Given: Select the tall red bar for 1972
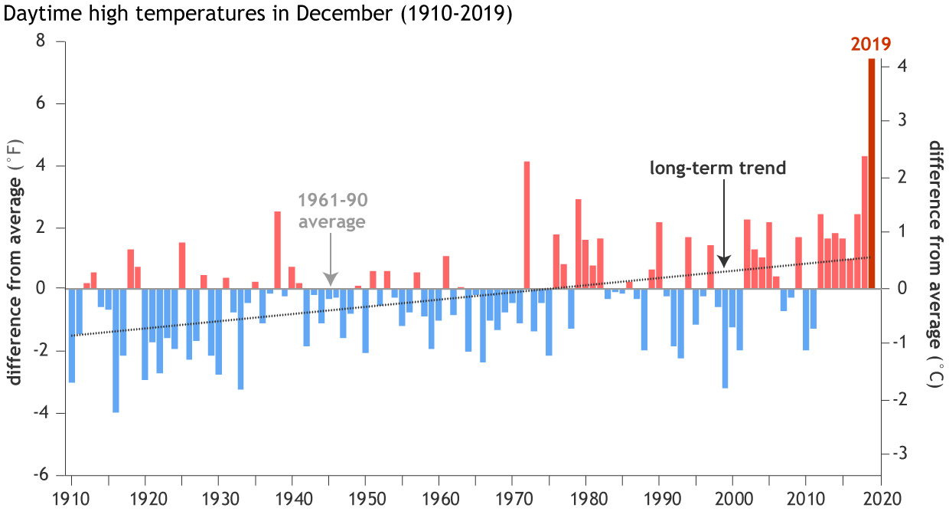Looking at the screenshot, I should [527, 225].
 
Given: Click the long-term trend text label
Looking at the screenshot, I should [718, 168].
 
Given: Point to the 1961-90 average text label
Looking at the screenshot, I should [333, 211].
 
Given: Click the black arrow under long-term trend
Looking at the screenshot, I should [725, 230].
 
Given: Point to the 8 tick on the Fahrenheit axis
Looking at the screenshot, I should [39, 42].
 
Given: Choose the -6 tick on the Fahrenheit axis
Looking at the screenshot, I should [37, 475].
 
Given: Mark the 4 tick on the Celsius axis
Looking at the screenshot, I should [903, 67].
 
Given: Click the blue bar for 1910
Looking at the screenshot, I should [72, 335].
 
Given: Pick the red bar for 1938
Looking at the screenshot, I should [278, 250].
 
